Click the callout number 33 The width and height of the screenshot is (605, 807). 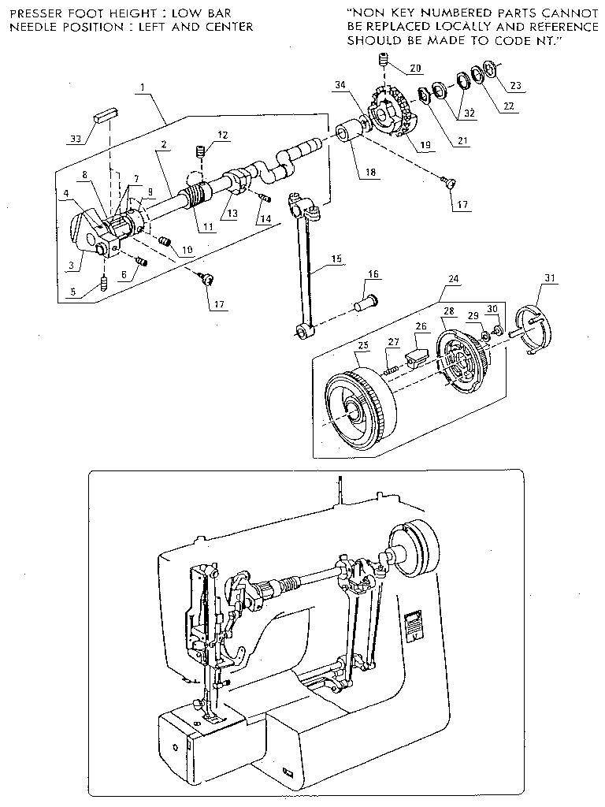tap(75, 139)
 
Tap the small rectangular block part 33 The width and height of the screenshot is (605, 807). tap(106, 113)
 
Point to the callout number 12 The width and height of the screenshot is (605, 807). tap(224, 136)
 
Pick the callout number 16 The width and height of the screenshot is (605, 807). tap(372, 273)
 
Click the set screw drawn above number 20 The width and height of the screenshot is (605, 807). tap(384, 58)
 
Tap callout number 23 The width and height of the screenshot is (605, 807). tap(517, 86)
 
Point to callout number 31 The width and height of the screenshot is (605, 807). tap(549, 277)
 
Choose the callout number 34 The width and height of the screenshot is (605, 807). tap(340, 84)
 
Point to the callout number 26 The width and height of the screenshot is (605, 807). tap(421, 325)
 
